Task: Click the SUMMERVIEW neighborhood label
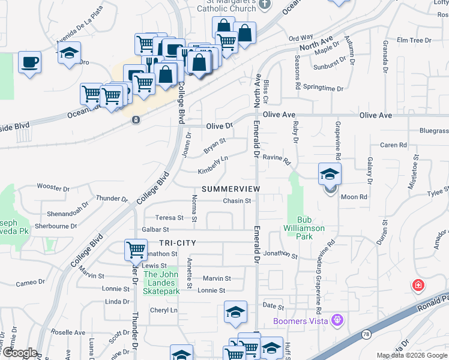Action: [x=231, y=189]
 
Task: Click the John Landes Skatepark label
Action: [x=161, y=283]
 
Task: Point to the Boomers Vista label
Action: [x=300, y=321]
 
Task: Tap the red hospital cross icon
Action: [x=417, y=286]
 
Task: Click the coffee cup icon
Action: [x=29, y=61]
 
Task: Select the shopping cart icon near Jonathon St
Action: [x=136, y=248]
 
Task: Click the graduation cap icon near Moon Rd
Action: [x=330, y=175]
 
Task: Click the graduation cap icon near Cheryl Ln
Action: [x=235, y=311]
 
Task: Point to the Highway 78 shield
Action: [x=366, y=333]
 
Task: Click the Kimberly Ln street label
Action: [x=214, y=166]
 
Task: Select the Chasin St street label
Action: [x=237, y=201]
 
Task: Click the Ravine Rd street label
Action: [x=277, y=160]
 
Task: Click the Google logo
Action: [x=19, y=353]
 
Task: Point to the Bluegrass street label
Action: [x=433, y=130]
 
